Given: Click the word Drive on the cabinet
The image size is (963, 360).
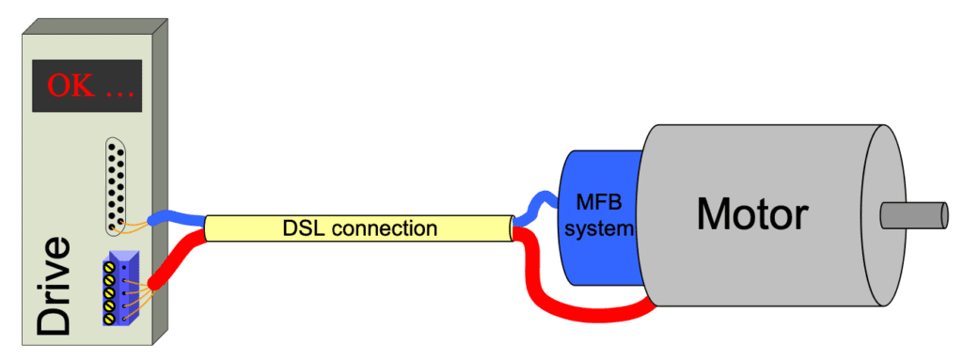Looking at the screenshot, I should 53,287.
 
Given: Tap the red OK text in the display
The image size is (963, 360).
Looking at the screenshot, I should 71,86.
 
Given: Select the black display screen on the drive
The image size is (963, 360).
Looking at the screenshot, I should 87,86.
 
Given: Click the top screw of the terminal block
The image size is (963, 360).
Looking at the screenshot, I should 109,267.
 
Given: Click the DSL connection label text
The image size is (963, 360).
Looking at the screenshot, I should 357,227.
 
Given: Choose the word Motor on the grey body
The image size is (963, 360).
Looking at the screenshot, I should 751,214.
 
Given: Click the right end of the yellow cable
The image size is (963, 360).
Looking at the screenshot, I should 511,227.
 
